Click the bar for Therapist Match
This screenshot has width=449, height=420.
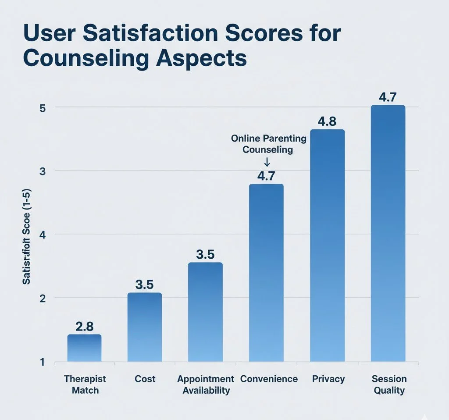point(84,348)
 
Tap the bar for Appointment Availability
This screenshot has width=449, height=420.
point(205,312)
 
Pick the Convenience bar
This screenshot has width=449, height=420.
point(266,273)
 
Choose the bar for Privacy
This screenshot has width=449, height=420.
point(327,246)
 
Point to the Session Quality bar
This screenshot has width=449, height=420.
point(388,233)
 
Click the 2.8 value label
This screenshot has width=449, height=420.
point(84,327)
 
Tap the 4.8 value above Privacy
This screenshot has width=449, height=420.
point(327,121)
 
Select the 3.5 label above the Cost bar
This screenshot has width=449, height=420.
point(145,285)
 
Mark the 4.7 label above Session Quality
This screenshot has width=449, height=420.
point(388,97)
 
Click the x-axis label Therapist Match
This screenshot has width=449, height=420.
point(85,384)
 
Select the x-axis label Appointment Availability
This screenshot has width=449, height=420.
point(205,384)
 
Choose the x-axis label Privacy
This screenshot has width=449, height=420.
point(328,379)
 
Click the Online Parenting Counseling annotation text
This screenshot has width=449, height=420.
point(268,144)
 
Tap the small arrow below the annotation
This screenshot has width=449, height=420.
point(267,162)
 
